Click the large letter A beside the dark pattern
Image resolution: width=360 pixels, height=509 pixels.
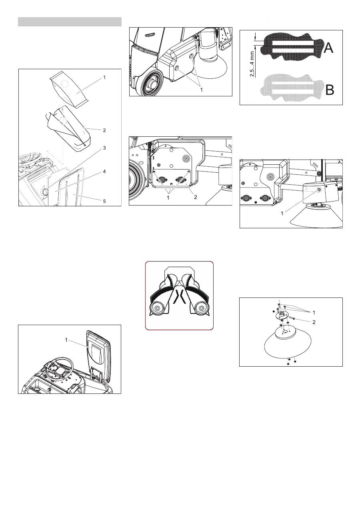328,48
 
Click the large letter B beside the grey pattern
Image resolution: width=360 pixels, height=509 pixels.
330,90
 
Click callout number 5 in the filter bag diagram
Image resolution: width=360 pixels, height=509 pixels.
104,201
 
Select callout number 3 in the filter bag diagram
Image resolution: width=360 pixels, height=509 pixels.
104,148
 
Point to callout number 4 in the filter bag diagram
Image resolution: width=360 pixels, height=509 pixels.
104,172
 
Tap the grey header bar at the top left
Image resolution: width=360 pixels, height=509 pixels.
70,22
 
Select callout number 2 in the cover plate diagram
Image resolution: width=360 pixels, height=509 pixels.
196,197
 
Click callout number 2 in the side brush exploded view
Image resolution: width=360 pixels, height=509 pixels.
314,322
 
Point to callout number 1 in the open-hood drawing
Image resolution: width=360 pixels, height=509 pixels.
66,340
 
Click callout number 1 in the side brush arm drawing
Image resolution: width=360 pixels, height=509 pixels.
282,214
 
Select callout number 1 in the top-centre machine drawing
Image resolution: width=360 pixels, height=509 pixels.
201,90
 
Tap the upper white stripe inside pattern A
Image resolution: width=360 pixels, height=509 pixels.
293,43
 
